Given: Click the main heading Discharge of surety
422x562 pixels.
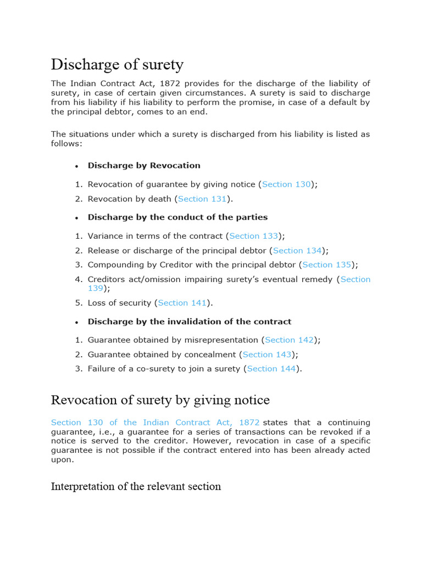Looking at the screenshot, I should point(117,65).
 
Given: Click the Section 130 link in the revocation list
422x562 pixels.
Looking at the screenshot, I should point(286,184).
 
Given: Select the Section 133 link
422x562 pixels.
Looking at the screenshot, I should point(253,236).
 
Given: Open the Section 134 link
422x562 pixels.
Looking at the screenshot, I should point(297,250).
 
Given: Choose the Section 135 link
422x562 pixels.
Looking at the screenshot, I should point(326,265).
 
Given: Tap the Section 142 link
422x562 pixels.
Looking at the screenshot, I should point(289,340).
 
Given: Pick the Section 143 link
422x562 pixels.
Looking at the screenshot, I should point(266,355).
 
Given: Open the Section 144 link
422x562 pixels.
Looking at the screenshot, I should point(271,369).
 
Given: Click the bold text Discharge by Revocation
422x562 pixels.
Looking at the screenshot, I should point(144,165).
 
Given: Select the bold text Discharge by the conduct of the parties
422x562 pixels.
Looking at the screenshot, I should point(177,217).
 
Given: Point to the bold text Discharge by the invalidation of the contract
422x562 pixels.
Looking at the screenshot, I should point(190,321).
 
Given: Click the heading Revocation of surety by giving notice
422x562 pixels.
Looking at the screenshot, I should point(160,400).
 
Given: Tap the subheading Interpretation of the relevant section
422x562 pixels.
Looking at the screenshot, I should point(136,486).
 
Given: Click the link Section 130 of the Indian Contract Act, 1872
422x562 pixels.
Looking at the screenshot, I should point(155,423).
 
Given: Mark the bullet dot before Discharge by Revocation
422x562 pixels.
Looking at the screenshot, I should point(77,166).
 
